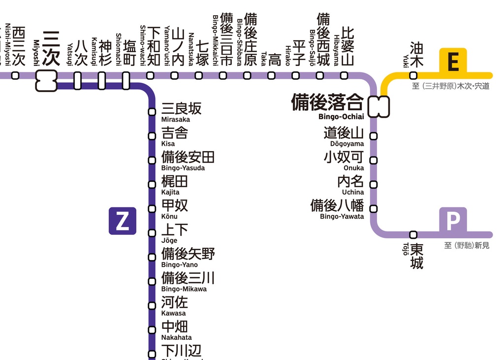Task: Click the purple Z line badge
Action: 122,221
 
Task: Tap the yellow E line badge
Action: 453,62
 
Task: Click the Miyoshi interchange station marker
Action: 46,80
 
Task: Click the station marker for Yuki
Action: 413,75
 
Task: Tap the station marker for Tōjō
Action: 413,234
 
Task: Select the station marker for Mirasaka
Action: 152,112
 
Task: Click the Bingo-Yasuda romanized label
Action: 183,168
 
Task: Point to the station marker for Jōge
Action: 152,233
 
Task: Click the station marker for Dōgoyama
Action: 374,136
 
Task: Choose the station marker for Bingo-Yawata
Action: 374,209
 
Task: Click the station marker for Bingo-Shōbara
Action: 247,75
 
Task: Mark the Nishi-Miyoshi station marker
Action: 15,75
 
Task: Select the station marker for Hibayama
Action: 345,75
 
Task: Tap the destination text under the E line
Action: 451,87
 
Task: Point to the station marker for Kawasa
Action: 152,306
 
